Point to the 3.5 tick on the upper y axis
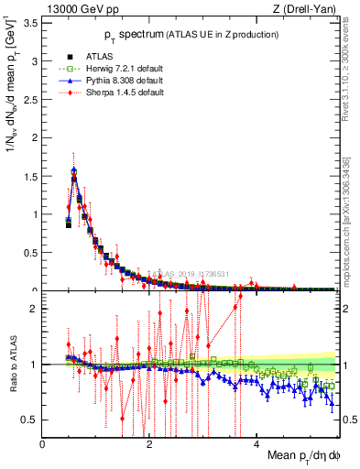tap(30, 23)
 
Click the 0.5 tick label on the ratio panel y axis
tap(30, 420)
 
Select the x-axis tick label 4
tap(256, 443)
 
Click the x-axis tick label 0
tap(43, 443)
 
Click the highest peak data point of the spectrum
tap(73, 170)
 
